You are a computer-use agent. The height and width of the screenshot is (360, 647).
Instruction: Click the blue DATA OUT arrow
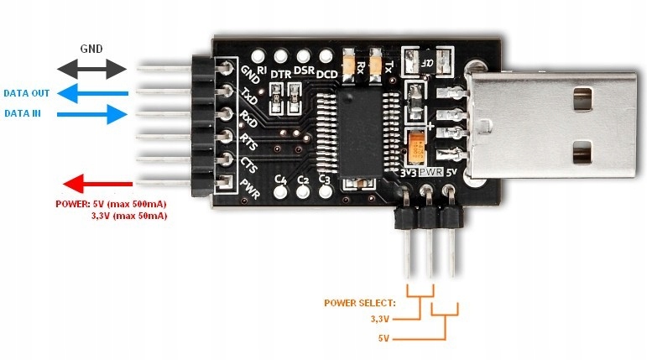(x=93, y=92)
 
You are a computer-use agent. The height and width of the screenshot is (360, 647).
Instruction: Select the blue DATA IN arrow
(x=93, y=113)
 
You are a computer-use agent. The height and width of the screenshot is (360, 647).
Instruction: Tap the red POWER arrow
(x=98, y=184)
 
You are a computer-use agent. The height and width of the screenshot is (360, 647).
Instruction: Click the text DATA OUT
(x=25, y=92)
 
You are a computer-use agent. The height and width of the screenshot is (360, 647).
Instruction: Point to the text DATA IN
(x=23, y=113)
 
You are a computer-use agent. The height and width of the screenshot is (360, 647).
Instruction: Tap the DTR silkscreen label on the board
(x=280, y=76)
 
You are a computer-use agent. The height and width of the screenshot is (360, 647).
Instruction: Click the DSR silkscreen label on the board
(x=304, y=73)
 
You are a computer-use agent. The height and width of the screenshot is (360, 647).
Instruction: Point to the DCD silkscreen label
(x=326, y=73)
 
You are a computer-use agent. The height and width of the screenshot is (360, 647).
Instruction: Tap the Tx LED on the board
(x=376, y=60)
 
